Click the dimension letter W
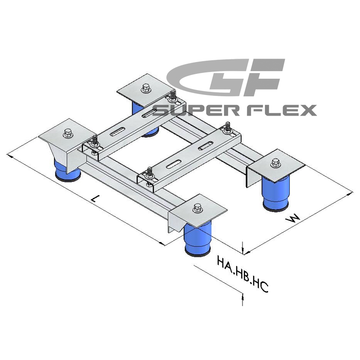pos(293,219)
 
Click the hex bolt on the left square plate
pos(68,133)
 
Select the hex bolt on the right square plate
pos(274,162)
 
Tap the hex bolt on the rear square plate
pos(145,88)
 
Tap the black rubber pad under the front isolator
pos(197,252)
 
